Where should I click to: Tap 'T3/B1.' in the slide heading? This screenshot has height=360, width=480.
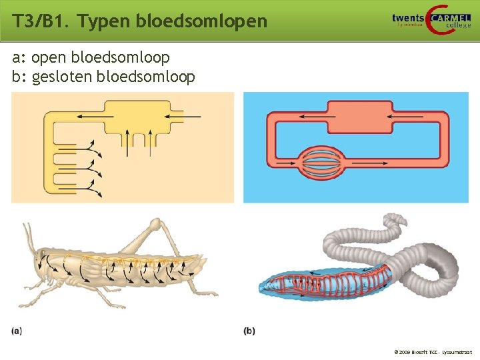tap(41, 21)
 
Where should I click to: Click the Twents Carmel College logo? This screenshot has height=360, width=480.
tap(431, 20)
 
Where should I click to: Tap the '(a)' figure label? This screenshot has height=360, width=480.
tap(17, 330)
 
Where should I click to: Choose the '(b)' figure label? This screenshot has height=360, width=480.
tap(249, 330)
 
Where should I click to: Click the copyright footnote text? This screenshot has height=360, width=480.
tap(433, 351)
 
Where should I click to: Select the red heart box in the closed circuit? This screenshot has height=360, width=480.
tap(359, 117)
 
